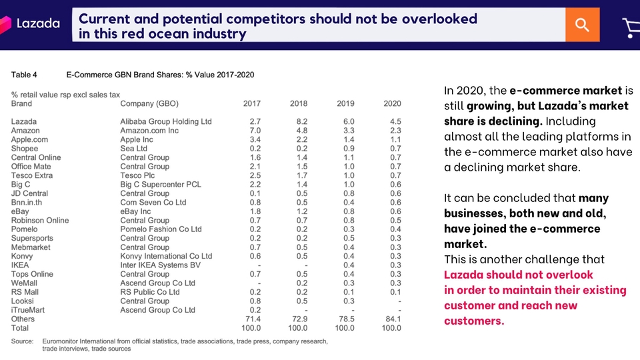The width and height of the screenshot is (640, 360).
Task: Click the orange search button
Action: tap(582, 25)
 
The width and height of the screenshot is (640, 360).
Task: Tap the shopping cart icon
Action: tap(631, 27)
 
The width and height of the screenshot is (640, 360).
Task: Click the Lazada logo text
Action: tap(38, 24)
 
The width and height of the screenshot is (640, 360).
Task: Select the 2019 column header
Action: tap(345, 104)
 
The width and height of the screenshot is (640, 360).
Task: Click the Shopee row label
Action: tap(25, 149)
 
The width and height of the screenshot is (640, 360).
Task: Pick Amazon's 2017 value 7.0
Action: tap(254, 131)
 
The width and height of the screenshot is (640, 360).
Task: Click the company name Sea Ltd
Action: tap(133, 149)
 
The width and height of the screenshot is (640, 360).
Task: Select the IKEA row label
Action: tap(20, 265)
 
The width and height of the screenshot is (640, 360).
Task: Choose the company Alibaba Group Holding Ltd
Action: tap(165, 122)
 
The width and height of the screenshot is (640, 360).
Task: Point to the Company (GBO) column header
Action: tap(149, 104)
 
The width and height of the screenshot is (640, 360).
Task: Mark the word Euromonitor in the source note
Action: tap(65, 341)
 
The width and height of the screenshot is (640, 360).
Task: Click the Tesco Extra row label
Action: tap(32, 175)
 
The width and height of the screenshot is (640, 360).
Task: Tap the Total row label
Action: tap(21, 328)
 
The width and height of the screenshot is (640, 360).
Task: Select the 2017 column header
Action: tap(252, 104)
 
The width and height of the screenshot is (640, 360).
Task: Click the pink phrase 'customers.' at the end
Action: tap(474, 321)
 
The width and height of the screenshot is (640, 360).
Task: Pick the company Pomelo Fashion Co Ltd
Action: tap(161, 229)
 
